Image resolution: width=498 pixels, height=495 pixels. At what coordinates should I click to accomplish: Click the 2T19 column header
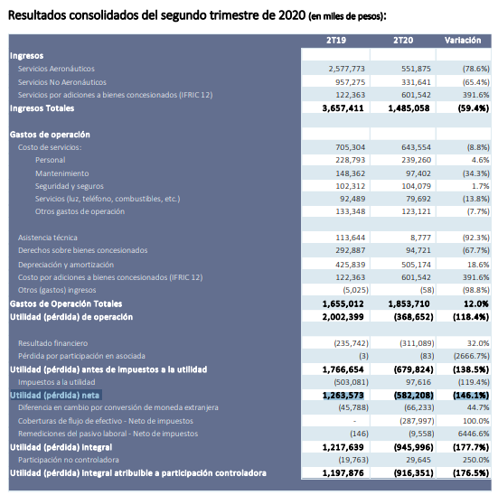[336, 41]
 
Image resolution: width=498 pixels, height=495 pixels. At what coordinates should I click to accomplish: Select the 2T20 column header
[403, 41]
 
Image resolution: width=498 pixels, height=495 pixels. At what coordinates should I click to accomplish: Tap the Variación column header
[463, 41]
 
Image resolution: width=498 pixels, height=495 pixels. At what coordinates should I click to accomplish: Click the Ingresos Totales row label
[42, 108]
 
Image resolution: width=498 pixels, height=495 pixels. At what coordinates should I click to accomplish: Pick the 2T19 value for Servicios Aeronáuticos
[347, 69]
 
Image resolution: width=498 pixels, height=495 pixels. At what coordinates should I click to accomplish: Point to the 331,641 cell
[416, 82]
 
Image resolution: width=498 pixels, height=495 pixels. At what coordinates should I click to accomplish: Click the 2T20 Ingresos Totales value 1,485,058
[409, 108]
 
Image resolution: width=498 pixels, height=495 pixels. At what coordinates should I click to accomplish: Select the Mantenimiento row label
[62, 173]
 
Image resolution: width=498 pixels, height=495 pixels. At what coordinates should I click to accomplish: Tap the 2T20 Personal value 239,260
[416, 160]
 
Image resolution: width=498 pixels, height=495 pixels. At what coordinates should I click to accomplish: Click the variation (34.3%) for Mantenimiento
[475, 173]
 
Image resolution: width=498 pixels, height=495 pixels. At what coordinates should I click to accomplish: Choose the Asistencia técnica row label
[48, 238]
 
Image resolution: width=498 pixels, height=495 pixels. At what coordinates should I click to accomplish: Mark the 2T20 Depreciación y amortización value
[416, 265]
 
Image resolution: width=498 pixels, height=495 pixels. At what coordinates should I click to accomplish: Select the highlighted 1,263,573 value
[343, 396]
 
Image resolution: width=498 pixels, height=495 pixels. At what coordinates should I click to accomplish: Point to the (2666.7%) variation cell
[472, 356]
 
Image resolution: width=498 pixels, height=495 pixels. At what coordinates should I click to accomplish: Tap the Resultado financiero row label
[52, 343]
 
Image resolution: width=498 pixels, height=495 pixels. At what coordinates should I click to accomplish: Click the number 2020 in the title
[292, 15]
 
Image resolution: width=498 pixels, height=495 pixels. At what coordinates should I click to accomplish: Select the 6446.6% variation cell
[474, 434]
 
